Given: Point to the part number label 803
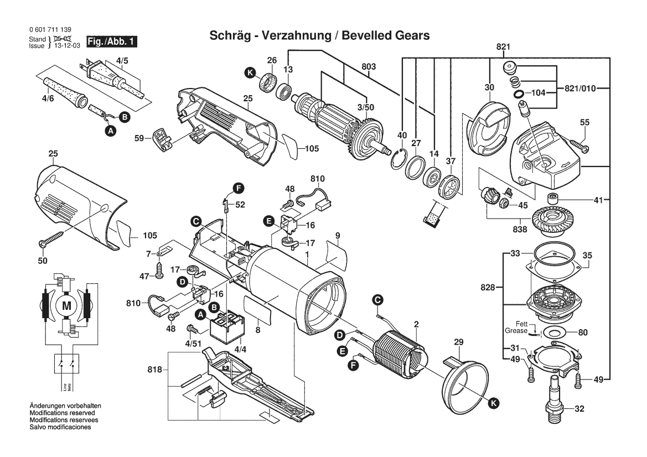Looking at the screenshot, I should (x=369, y=67).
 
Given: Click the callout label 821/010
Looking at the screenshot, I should (x=580, y=89).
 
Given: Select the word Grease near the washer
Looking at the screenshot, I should (x=516, y=331).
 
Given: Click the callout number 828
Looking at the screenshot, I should (x=488, y=288).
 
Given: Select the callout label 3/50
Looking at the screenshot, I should (x=365, y=107).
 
